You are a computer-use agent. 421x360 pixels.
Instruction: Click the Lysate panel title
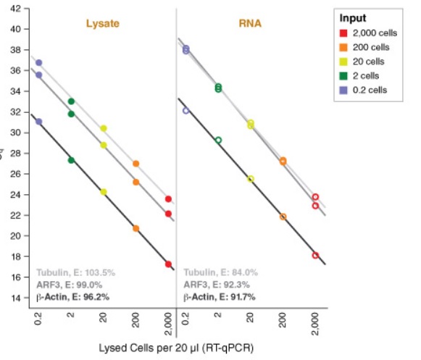(x=103, y=24)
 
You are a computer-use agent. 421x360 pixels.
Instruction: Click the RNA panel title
(x=251, y=24)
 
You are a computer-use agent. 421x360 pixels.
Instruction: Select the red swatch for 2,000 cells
(x=345, y=33)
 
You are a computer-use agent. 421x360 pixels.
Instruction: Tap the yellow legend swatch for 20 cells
(x=345, y=62)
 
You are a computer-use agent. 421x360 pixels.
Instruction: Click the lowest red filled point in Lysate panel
(x=168, y=264)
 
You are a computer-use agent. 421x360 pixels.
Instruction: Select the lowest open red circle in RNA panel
(x=315, y=255)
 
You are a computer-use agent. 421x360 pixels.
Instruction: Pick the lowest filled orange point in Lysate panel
(x=136, y=228)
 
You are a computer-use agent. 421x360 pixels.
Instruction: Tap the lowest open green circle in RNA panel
(x=218, y=140)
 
